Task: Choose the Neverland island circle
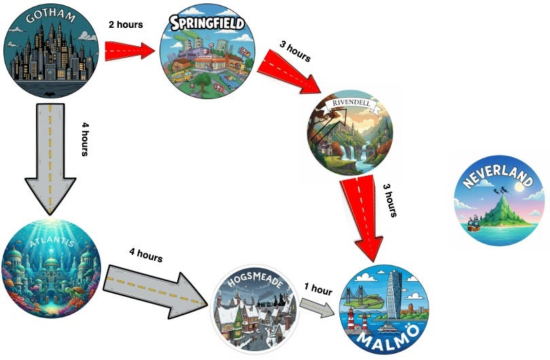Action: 498,201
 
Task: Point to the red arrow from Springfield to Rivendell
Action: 291,74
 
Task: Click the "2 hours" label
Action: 126,24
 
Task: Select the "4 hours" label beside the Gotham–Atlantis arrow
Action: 84,140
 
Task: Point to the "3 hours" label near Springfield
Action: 295,50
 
